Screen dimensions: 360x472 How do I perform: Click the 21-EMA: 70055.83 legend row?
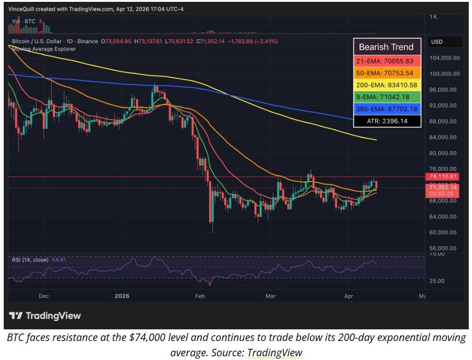pyautogui.click(x=387, y=61)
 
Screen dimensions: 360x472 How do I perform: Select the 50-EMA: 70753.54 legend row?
pyautogui.click(x=387, y=73)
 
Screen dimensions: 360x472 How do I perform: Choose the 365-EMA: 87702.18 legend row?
pyautogui.click(x=387, y=109)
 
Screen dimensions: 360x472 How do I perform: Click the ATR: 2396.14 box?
pyautogui.click(x=387, y=121)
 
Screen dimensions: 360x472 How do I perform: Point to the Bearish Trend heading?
pyautogui.click(x=386, y=47)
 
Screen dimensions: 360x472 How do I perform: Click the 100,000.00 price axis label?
pyautogui.click(x=444, y=74)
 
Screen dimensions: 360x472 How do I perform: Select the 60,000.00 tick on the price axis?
pyautogui.click(x=444, y=232)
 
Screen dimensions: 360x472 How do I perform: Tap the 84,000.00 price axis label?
pyautogui.click(x=444, y=137)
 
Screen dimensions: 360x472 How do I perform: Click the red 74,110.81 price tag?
pyautogui.click(x=442, y=177)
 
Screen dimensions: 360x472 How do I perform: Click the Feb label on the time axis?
pyautogui.click(x=200, y=296)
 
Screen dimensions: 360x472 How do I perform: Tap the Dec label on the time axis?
pyautogui.click(x=43, y=296)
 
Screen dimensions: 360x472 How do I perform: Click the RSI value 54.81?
pyautogui.click(x=59, y=260)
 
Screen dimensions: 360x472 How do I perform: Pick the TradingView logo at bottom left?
pyautogui.click(x=45, y=316)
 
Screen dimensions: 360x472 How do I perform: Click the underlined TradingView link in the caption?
pyautogui.click(x=275, y=353)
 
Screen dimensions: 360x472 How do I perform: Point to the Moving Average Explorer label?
pyautogui.click(x=44, y=49)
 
